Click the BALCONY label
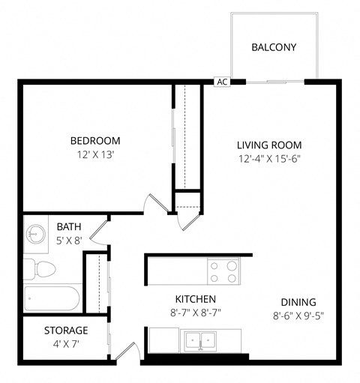[x=274, y=47]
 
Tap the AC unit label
[x=222, y=82]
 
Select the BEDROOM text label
[x=95, y=140]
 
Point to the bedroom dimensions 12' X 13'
[x=95, y=154]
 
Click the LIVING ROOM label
[x=269, y=145]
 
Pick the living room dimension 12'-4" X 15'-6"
[x=269, y=158]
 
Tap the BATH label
[x=69, y=227]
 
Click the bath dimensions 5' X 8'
[x=69, y=241]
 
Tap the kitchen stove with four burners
[x=223, y=271]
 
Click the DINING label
[x=298, y=302]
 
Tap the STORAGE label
[x=66, y=330]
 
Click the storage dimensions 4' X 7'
[x=66, y=344]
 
